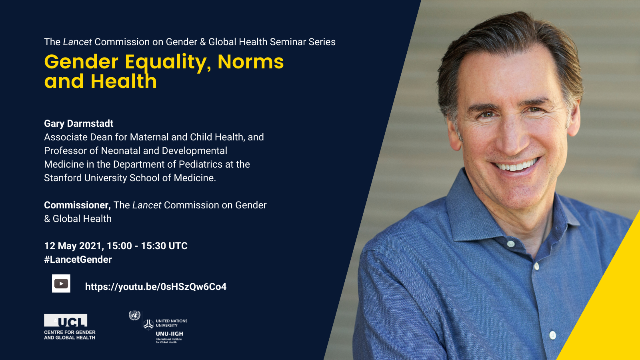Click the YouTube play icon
[x=61, y=284]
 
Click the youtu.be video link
[x=156, y=286]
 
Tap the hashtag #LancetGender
[x=78, y=260]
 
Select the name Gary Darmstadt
[x=78, y=124]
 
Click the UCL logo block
[x=66, y=320]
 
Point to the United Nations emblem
[x=134, y=316]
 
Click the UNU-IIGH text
[x=170, y=334]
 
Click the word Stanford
[x=63, y=178]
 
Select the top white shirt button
[x=510, y=244]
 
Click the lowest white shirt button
[x=552, y=335]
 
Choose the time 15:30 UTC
[x=164, y=246]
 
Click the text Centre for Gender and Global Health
[x=70, y=335]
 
